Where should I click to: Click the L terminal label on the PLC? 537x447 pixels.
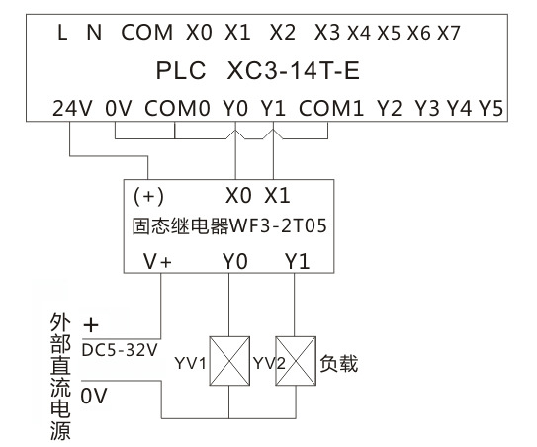point(62,33)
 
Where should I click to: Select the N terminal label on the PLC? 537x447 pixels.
point(94,33)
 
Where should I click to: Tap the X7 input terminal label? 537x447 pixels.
point(449,33)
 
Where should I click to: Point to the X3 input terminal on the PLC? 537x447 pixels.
point(327,33)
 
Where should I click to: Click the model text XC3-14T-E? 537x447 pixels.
point(293,71)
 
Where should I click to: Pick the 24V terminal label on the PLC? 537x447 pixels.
point(72,108)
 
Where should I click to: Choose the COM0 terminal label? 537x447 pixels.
point(177,108)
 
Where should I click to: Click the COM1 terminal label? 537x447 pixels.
point(331,108)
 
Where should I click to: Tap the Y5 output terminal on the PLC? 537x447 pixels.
point(491,108)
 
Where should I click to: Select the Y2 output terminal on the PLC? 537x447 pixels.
point(389,108)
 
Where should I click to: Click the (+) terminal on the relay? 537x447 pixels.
point(148,196)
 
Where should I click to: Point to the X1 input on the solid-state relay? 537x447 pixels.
point(277,196)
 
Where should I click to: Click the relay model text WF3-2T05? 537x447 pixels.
point(278,226)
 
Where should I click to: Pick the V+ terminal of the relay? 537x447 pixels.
point(157,262)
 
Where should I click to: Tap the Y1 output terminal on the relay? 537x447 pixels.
point(298,262)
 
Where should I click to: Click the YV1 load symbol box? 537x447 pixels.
point(229,361)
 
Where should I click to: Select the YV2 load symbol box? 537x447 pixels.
point(296,361)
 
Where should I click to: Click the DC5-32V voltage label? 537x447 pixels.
point(120,350)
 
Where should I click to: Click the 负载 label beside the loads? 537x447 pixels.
point(339,363)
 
